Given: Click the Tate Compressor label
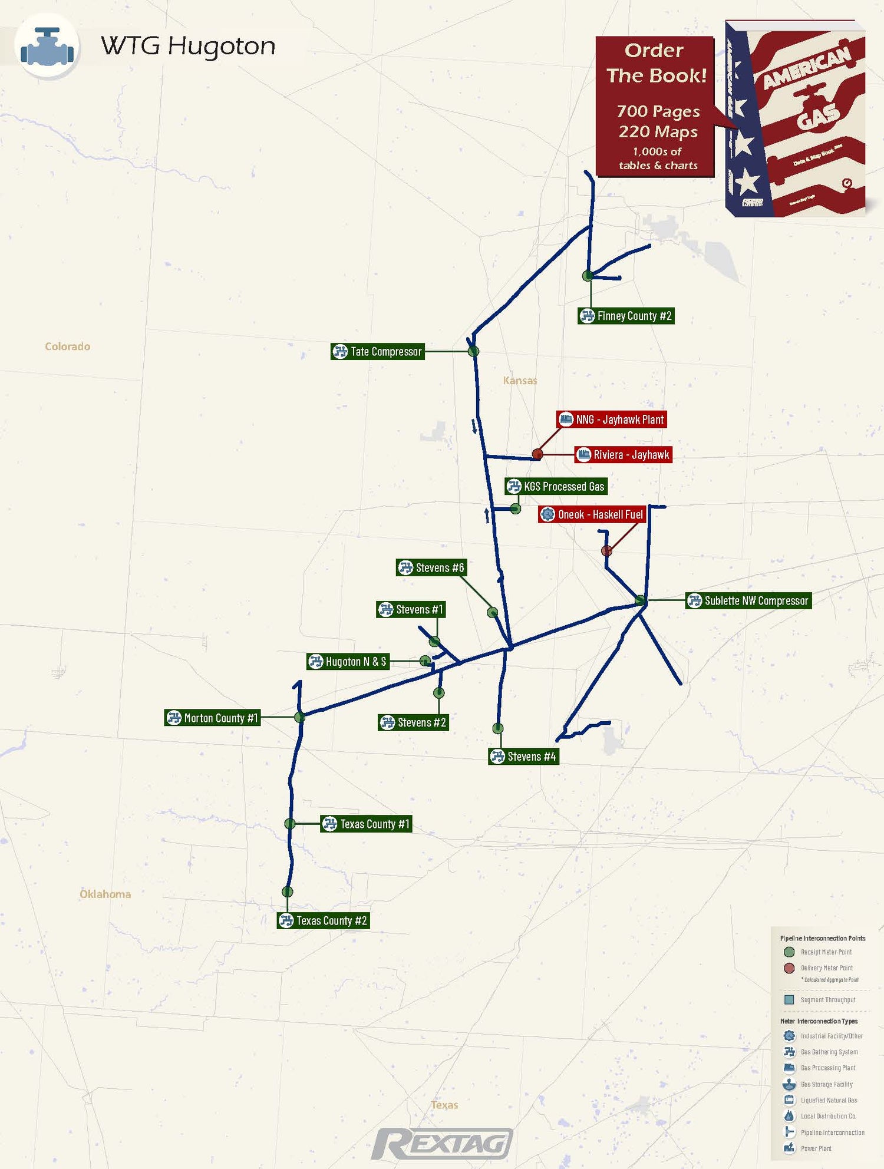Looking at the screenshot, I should click(378, 352).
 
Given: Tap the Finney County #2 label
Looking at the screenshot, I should click(626, 316).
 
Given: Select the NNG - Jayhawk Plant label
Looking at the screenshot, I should click(612, 420).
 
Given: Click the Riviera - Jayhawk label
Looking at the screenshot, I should click(624, 455).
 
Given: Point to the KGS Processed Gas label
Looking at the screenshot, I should click(556, 487).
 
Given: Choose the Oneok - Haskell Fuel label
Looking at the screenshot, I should click(592, 514).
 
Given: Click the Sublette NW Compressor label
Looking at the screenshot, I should click(748, 601).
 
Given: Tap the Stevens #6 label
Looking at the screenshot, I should click(431, 568).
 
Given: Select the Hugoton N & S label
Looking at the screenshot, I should click(348, 662).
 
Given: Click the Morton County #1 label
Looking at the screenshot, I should click(212, 718).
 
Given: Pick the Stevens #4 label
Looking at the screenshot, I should click(523, 757).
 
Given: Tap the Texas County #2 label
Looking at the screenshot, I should click(324, 921).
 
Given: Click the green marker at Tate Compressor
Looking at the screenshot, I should click(473, 352).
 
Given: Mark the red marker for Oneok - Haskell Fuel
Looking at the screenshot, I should click(606, 551).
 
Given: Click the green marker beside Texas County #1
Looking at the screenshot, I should click(290, 824).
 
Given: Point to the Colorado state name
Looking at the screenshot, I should click(68, 346).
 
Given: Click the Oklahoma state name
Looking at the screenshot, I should click(105, 894).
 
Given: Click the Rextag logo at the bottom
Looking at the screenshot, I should click(442, 1144).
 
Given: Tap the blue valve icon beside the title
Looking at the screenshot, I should click(47, 46).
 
